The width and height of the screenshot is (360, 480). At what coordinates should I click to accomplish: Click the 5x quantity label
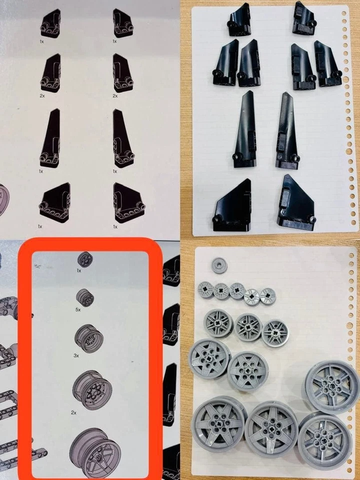[x=78, y=310]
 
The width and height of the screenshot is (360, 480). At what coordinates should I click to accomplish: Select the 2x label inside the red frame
[x=73, y=412]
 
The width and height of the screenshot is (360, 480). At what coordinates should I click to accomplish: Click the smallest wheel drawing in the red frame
[x=85, y=259]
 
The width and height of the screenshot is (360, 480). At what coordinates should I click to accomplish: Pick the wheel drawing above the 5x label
[x=85, y=297]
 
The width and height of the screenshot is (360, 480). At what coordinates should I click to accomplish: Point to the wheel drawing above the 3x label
[x=88, y=338]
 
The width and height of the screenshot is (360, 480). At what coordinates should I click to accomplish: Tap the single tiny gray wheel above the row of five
[x=218, y=265]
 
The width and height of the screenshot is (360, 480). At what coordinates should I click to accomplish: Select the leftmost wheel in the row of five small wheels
[x=205, y=289]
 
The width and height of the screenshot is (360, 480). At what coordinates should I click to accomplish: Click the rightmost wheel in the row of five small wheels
[x=267, y=296]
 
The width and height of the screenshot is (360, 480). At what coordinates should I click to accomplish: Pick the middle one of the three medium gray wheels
[x=248, y=327]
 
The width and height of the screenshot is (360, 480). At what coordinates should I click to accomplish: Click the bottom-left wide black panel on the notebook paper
[x=232, y=205]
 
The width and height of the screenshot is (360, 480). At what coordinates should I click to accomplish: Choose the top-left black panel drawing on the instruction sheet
[x=51, y=24]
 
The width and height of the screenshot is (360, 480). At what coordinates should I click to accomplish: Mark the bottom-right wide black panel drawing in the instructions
[x=128, y=203]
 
